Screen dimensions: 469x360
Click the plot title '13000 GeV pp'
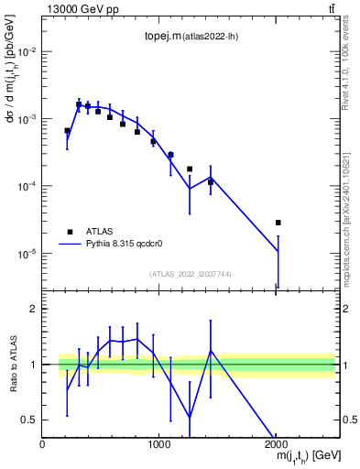pyautogui.click(x=80, y=9)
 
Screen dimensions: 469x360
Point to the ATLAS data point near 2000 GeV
pyautogui.click(x=278, y=223)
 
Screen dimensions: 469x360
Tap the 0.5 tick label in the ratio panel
pyautogui.click(x=30, y=420)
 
